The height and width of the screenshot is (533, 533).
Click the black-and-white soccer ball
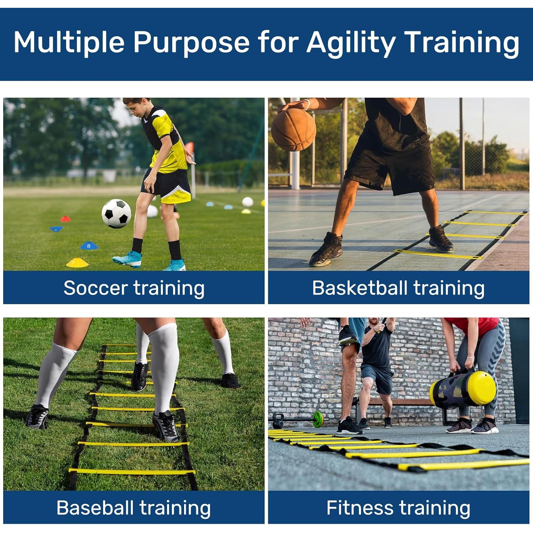click(116, 213)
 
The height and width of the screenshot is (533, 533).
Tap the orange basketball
click(293, 130)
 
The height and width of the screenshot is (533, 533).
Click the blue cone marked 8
click(89, 246)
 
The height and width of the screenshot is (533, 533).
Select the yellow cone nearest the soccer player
click(77, 263)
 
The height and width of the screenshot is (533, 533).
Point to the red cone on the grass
click(65, 219)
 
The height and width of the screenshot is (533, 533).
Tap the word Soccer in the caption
click(95, 288)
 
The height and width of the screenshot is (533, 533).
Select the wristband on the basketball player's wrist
click(307, 104)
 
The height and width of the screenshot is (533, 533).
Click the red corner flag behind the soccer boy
click(190, 147)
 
